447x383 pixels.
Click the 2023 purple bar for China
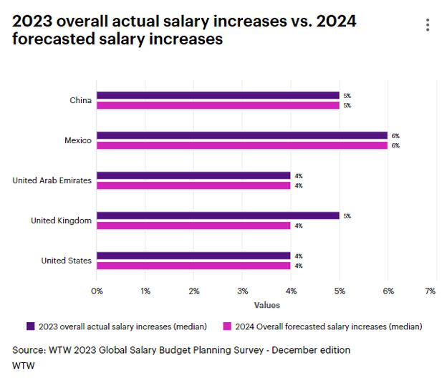[218, 95]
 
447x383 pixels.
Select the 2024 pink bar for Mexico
[242, 145]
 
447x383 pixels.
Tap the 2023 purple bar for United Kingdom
[218, 215]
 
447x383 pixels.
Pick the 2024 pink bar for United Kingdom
[193, 226]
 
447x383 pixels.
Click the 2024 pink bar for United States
[193, 266]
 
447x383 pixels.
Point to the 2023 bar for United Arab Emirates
[193, 175]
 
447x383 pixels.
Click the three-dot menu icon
[428, 25]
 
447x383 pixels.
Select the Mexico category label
[77, 140]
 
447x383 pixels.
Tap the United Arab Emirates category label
[52, 180]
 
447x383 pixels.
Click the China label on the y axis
[80, 100]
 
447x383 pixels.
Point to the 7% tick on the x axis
[431, 291]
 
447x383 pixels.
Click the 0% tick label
[97, 291]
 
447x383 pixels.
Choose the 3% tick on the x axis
[242, 291]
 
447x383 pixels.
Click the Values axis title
[266, 305]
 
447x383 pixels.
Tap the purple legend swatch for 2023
[30, 326]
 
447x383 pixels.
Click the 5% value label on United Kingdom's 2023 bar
[347, 215]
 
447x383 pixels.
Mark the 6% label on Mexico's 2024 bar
[395, 145]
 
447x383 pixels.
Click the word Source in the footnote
[28, 350]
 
